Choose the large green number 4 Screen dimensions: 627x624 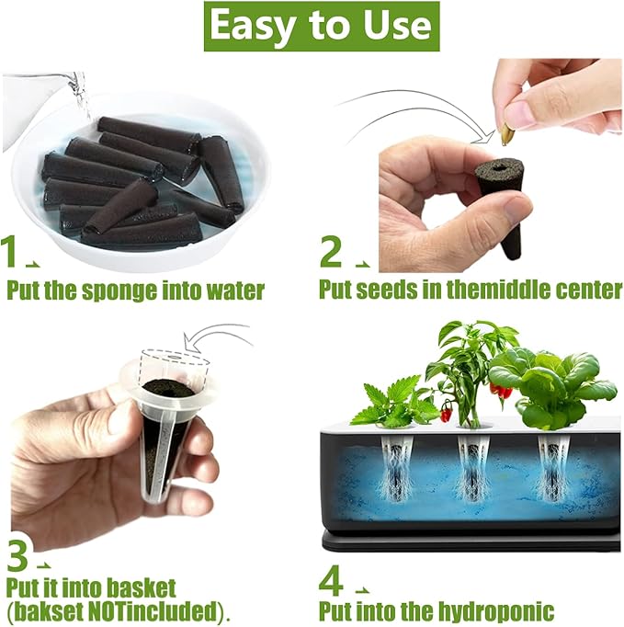coord(332,581)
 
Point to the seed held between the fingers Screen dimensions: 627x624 coord(506,134)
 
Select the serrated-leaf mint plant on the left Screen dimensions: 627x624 coord(391,405)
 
